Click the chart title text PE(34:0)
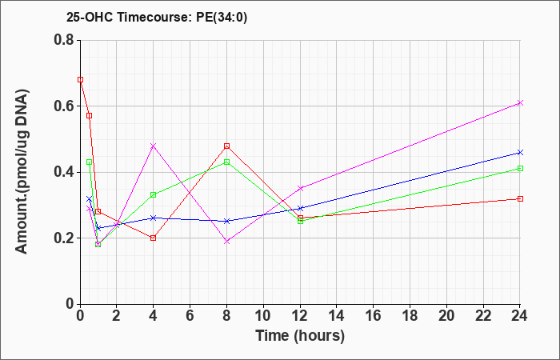(x=222, y=18)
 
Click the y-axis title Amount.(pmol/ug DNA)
(x=22, y=172)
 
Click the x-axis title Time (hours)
(x=300, y=336)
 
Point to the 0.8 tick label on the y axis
(x=64, y=40)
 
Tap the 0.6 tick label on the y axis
(x=64, y=106)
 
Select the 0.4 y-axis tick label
(x=64, y=172)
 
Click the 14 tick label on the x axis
(x=337, y=315)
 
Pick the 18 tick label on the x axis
(x=410, y=315)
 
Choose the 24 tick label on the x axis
(x=520, y=315)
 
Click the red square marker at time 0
(x=80, y=80)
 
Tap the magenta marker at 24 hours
(x=520, y=103)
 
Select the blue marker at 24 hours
(x=520, y=153)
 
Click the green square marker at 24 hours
(x=520, y=169)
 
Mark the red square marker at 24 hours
(x=520, y=198)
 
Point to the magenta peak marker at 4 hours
(x=154, y=146)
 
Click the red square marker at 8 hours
(x=226, y=146)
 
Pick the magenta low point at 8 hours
(x=226, y=242)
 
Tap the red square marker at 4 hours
(x=154, y=238)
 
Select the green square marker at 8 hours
(x=226, y=162)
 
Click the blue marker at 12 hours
(x=300, y=208)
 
